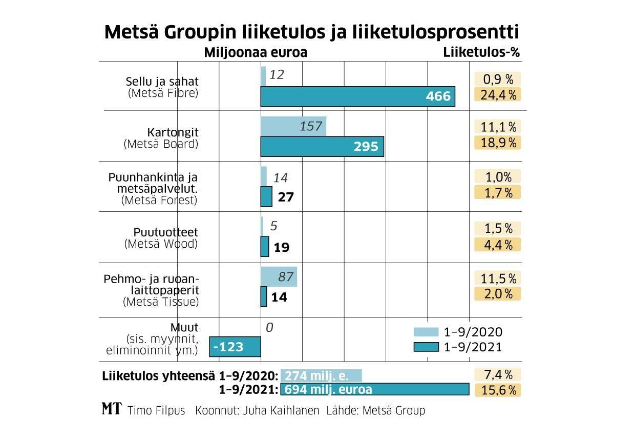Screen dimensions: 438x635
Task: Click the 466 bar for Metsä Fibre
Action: click(357, 96)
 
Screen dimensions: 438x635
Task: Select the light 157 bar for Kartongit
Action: click(293, 126)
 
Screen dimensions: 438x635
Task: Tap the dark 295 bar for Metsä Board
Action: click(322, 147)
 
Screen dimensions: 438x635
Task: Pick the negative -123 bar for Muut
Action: click(235, 347)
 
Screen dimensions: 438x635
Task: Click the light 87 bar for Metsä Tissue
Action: click(279, 277)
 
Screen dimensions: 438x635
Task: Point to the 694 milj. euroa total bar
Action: click(374, 389)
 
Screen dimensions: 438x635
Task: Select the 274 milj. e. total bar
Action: click(321, 375)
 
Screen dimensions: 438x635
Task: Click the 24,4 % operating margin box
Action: click(497, 95)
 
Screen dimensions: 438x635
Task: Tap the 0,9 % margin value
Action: click(497, 79)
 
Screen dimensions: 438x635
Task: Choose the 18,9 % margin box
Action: click(497, 143)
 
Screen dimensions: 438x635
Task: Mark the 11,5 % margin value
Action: click(497, 278)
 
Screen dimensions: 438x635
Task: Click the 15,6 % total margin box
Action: click(497, 390)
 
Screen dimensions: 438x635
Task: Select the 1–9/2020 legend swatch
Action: click(426, 332)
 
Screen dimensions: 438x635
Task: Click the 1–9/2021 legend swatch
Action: click(426, 347)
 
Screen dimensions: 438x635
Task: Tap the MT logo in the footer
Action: click(112, 409)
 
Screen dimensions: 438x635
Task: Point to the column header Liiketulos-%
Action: click(481, 52)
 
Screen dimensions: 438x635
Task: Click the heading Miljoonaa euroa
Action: click(256, 52)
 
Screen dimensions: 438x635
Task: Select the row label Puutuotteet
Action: click(166, 232)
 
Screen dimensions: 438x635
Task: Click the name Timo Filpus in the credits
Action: click(156, 411)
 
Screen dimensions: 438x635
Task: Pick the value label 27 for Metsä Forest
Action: click(285, 197)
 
